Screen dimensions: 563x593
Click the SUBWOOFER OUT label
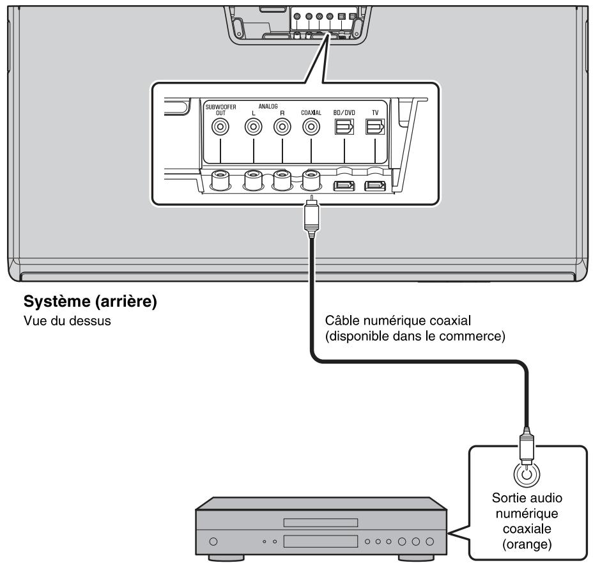[220, 109]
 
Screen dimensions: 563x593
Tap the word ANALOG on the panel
[267, 107]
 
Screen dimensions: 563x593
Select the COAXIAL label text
[311, 111]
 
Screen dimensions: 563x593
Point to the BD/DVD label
[344, 111]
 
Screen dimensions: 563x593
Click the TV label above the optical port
[375, 111]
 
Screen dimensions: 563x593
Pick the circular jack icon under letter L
[254, 127]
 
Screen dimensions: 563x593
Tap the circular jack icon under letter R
[281, 127]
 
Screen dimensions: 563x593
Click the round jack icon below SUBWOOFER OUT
[220, 127]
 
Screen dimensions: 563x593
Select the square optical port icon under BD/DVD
[344, 128]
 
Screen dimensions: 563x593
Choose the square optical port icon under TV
[375, 128]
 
